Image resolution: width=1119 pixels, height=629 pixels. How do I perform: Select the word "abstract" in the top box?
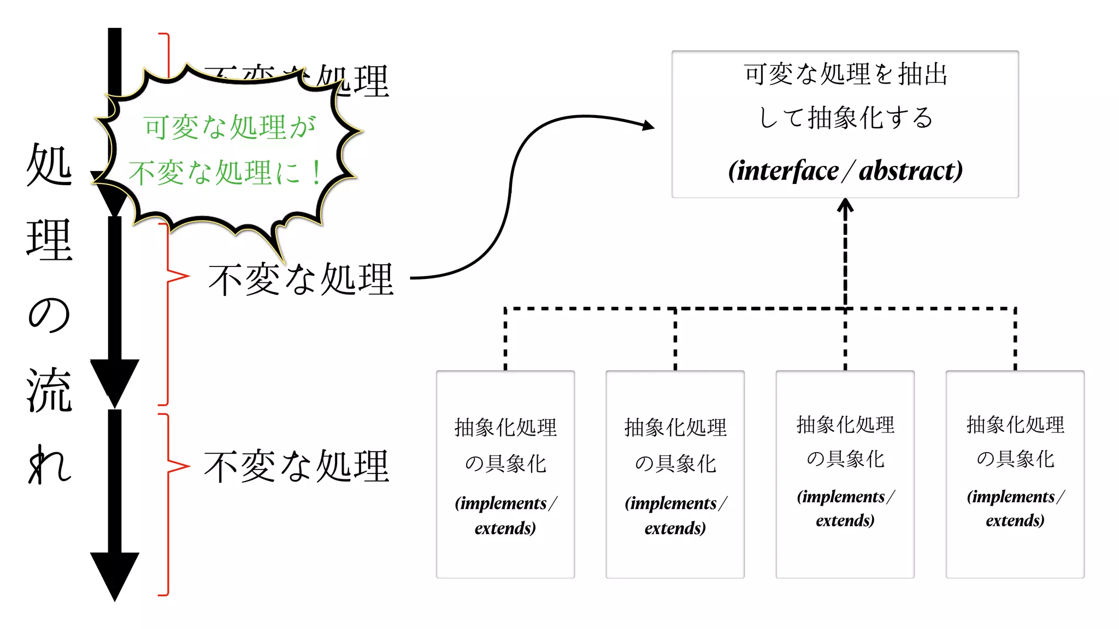pos(910,171)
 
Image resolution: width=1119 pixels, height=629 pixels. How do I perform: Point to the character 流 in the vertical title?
pos(49,390)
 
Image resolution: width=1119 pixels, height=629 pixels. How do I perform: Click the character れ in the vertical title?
pos(49,465)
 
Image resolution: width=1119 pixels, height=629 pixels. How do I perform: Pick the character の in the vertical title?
pos(49,315)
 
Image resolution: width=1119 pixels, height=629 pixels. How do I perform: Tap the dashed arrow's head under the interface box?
pos(845,205)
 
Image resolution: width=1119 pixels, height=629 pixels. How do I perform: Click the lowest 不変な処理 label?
pos(297,467)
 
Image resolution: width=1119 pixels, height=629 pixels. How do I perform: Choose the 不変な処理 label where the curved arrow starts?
pos(301,280)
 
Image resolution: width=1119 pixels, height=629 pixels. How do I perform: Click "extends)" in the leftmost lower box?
pos(505,529)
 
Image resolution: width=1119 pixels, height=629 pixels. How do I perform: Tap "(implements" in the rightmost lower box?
pos(1011,497)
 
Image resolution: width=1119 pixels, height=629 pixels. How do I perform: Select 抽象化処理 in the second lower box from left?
pos(675,428)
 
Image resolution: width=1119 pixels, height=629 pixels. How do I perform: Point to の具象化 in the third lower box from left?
pos(845,459)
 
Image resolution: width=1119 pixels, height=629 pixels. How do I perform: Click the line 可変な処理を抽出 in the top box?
pos(845,74)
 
